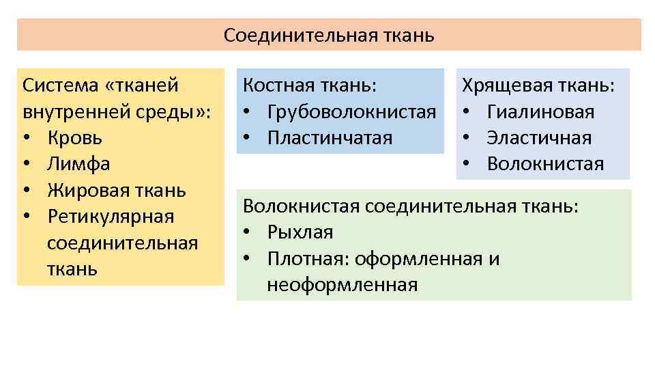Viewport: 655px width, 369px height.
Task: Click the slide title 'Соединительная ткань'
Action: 329,35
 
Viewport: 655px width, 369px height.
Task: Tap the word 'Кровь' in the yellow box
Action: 75,138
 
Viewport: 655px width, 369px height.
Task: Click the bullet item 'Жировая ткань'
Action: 117,191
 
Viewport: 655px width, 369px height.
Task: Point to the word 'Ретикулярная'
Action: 111,217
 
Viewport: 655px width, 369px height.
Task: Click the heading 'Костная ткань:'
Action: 310,86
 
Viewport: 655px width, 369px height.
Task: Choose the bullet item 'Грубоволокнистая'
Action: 351,112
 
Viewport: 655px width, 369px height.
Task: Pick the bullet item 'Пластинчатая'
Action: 330,138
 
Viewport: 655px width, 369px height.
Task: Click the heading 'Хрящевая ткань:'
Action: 538,86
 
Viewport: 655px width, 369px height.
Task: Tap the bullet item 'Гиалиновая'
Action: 540,112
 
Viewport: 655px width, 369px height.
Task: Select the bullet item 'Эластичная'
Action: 539,138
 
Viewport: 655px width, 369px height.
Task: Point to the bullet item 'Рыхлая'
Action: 300,232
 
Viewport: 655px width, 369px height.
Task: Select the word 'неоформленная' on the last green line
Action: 342,285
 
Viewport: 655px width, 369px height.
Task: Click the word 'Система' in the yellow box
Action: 60,86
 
